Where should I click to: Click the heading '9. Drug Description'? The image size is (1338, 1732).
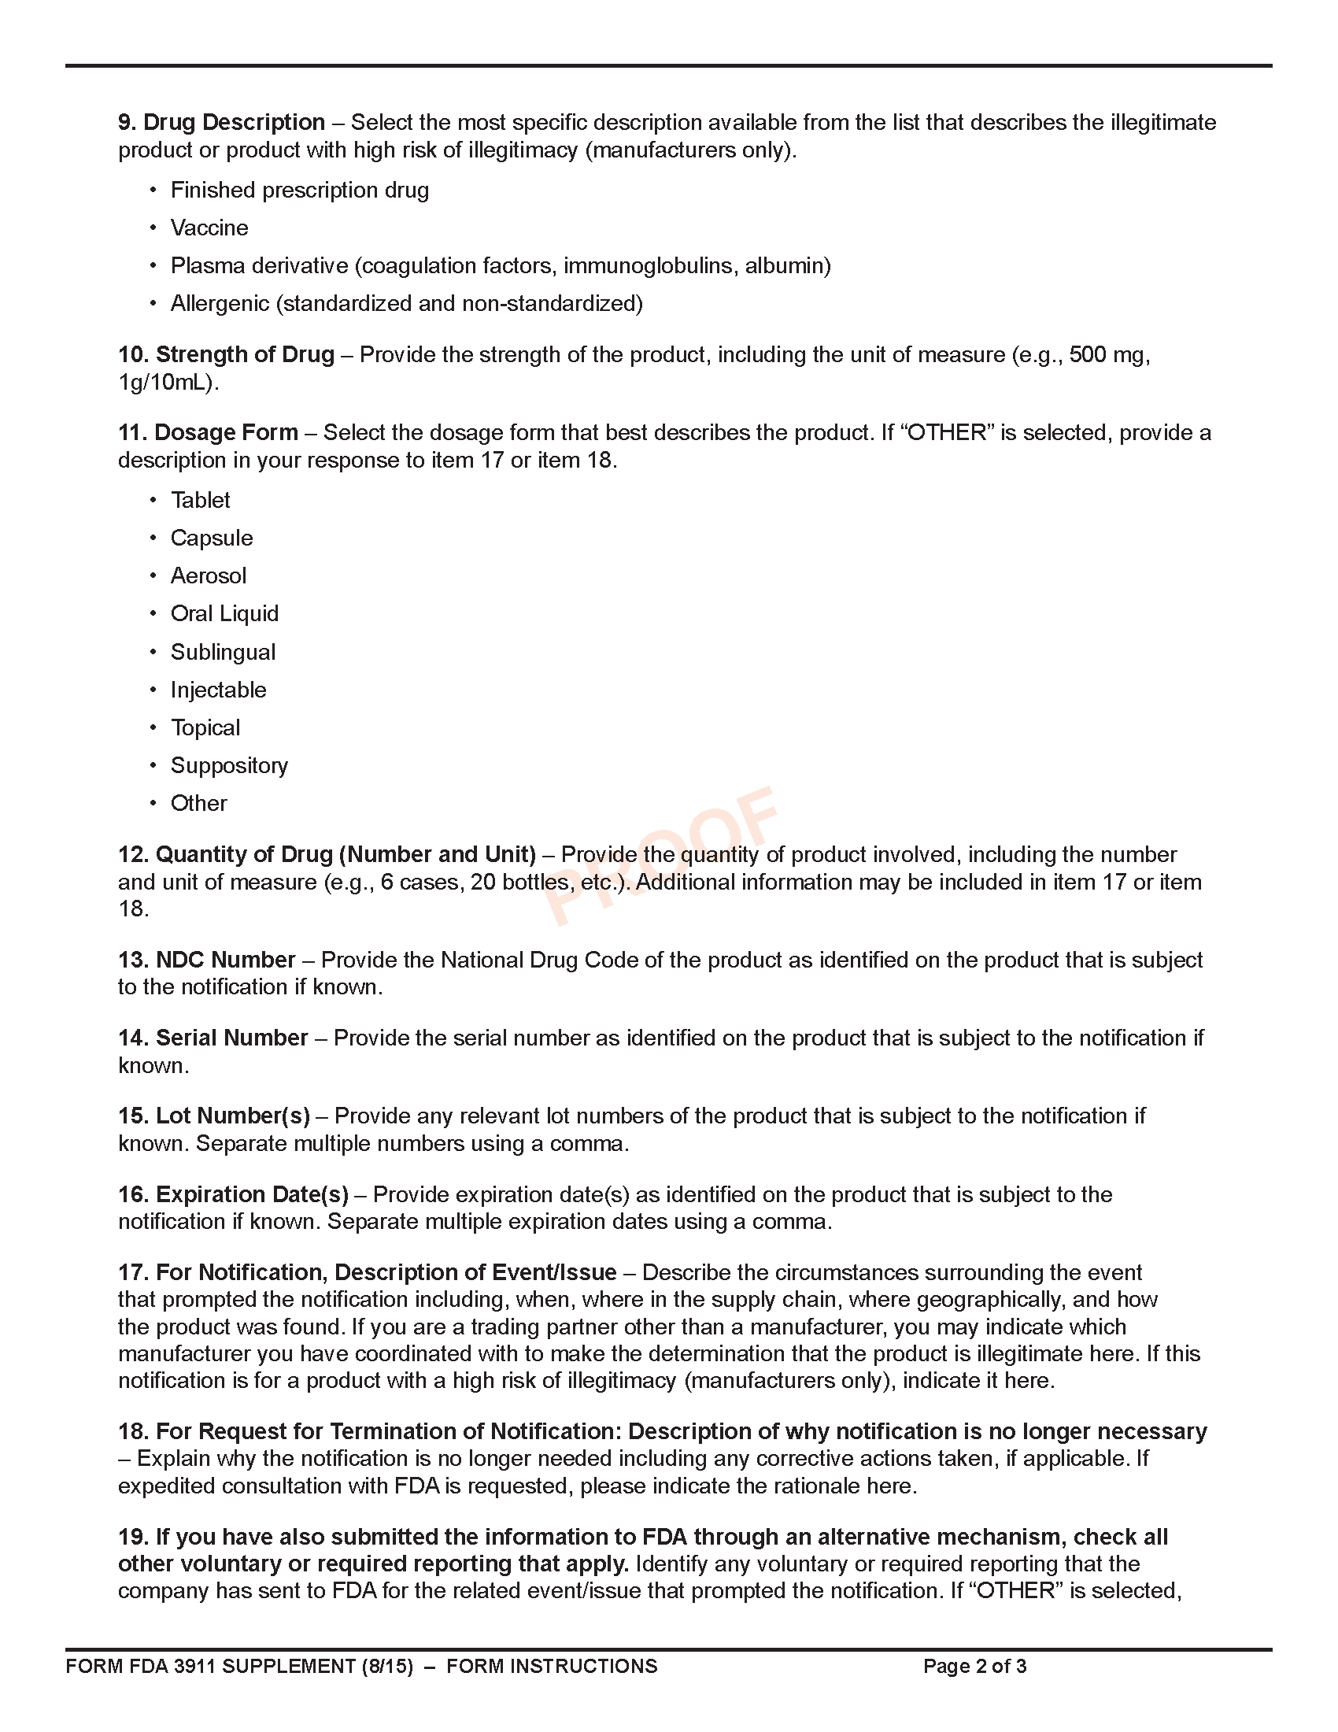point(221,122)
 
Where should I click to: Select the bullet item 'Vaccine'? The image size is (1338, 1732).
point(209,228)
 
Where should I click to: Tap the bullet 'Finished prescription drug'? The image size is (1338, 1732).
point(300,191)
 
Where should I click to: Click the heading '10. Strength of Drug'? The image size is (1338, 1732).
point(226,354)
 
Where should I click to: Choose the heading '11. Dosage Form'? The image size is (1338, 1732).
point(208,432)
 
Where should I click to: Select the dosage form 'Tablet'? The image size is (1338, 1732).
point(201,501)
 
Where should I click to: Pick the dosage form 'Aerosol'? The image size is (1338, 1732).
point(209,575)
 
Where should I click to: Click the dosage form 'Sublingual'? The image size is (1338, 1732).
point(223,652)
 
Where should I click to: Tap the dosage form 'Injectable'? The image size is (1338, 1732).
point(218,690)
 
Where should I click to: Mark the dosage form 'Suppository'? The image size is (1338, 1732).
point(229,765)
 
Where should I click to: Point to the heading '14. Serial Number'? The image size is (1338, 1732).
point(213,1038)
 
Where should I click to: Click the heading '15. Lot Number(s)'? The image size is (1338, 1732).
point(214,1116)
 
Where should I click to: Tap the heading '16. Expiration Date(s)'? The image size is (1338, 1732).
point(233,1194)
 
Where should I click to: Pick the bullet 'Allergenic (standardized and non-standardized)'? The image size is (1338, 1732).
point(406,304)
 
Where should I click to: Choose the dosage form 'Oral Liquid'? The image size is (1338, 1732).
point(224,614)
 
